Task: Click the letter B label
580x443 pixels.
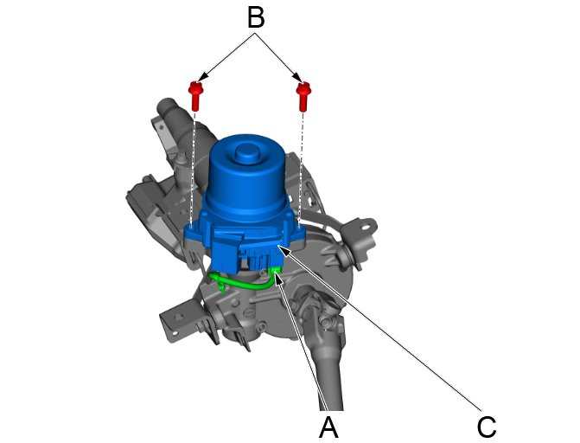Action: (255, 17)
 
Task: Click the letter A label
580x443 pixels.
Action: (328, 426)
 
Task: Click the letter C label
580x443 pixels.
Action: (487, 426)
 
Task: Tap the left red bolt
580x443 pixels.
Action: (195, 93)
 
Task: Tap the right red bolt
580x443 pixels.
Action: (303, 93)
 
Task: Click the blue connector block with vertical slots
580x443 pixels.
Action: (258, 256)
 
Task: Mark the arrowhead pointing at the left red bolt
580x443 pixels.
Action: (201, 80)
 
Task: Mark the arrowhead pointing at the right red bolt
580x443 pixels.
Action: (300, 80)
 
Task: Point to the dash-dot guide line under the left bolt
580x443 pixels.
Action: (194, 164)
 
